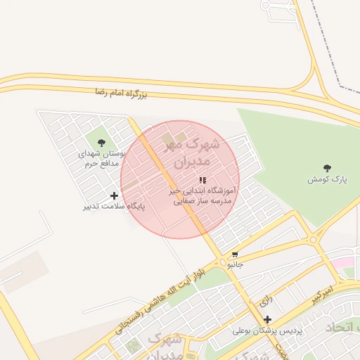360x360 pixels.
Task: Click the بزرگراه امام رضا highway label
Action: [x=120, y=93]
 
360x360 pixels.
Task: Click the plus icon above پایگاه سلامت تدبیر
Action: [x=115, y=195]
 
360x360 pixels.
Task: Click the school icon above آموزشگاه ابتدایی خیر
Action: [x=202, y=180]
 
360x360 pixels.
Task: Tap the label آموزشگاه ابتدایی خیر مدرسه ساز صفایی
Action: [x=203, y=195]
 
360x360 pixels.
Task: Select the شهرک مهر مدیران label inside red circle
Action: [x=191, y=153]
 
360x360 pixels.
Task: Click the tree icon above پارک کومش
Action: [x=327, y=168]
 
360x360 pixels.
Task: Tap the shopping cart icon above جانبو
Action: [x=235, y=255]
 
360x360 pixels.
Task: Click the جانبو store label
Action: [x=235, y=265]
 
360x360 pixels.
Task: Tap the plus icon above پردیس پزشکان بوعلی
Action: [x=268, y=319]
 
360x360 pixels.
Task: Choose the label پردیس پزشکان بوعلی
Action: [x=267, y=330]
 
